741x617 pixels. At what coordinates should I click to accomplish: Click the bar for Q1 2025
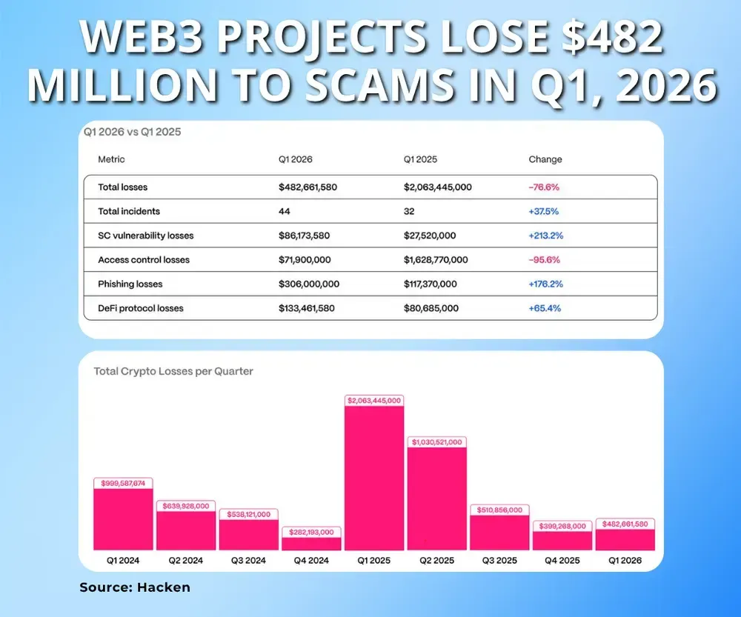(374, 478)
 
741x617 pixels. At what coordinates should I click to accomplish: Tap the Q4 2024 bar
(311, 543)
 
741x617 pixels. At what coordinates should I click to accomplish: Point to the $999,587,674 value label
(123, 483)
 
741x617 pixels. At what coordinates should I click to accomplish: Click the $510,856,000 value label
(500, 510)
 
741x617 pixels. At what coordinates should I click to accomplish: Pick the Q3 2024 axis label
(248, 561)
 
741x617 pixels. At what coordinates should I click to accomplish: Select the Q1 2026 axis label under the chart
(625, 561)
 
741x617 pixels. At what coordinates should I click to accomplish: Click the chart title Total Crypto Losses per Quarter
(173, 371)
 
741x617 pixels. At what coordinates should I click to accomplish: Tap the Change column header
(545, 159)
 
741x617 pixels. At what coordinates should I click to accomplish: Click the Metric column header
(111, 159)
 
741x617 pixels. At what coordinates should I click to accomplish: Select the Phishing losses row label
(130, 284)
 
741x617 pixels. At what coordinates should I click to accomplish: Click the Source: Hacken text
(135, 587)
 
